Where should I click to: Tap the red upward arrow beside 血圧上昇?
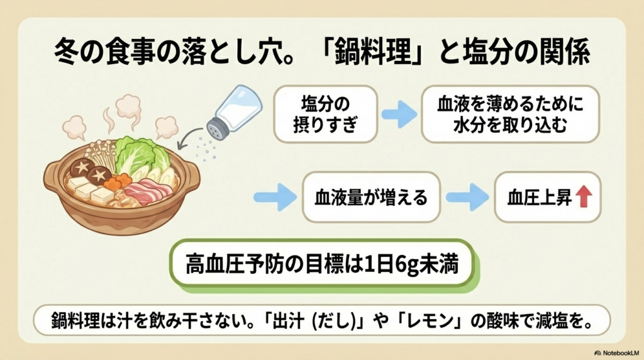click(583, 197)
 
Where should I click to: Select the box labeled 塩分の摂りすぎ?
click(325, 113)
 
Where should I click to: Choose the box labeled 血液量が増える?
click(370, 197)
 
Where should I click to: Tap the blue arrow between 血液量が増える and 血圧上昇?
click(467, 197)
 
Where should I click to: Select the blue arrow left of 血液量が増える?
click(274, 197)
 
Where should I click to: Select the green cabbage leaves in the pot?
click(137, 155)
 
